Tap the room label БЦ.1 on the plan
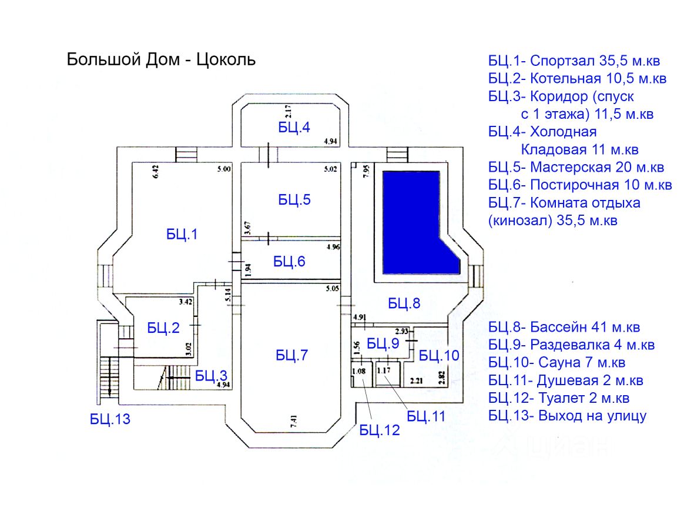[x=182, y=235]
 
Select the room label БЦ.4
[x=294, y=128]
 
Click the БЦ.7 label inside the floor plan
[x=291, y=355]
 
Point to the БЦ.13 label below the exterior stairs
[x=110, y=419]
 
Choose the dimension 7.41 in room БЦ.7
[x=293, y=421]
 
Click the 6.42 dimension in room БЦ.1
[x=155, y=172]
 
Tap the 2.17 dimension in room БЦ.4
[x=288, y=111]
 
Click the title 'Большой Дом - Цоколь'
[x=161, y=59]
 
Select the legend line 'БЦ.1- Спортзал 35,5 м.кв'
[x=574, y=61]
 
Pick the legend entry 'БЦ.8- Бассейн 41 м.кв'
[x=564, y=328]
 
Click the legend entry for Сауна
[x=557, y=363]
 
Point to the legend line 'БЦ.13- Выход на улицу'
[x=568, y=416]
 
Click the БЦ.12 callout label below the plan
[x=379, y=430]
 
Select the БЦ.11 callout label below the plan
[x=426, y=416]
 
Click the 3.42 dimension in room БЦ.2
[x=186, y=302]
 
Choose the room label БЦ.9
[x=383, y=343]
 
